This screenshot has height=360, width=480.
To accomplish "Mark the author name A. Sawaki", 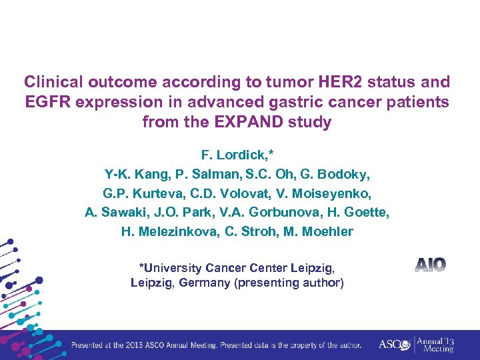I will click(113, 213).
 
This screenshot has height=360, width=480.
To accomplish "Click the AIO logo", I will click(430, 265).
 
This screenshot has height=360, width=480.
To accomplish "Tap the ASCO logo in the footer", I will click(393, 345).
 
